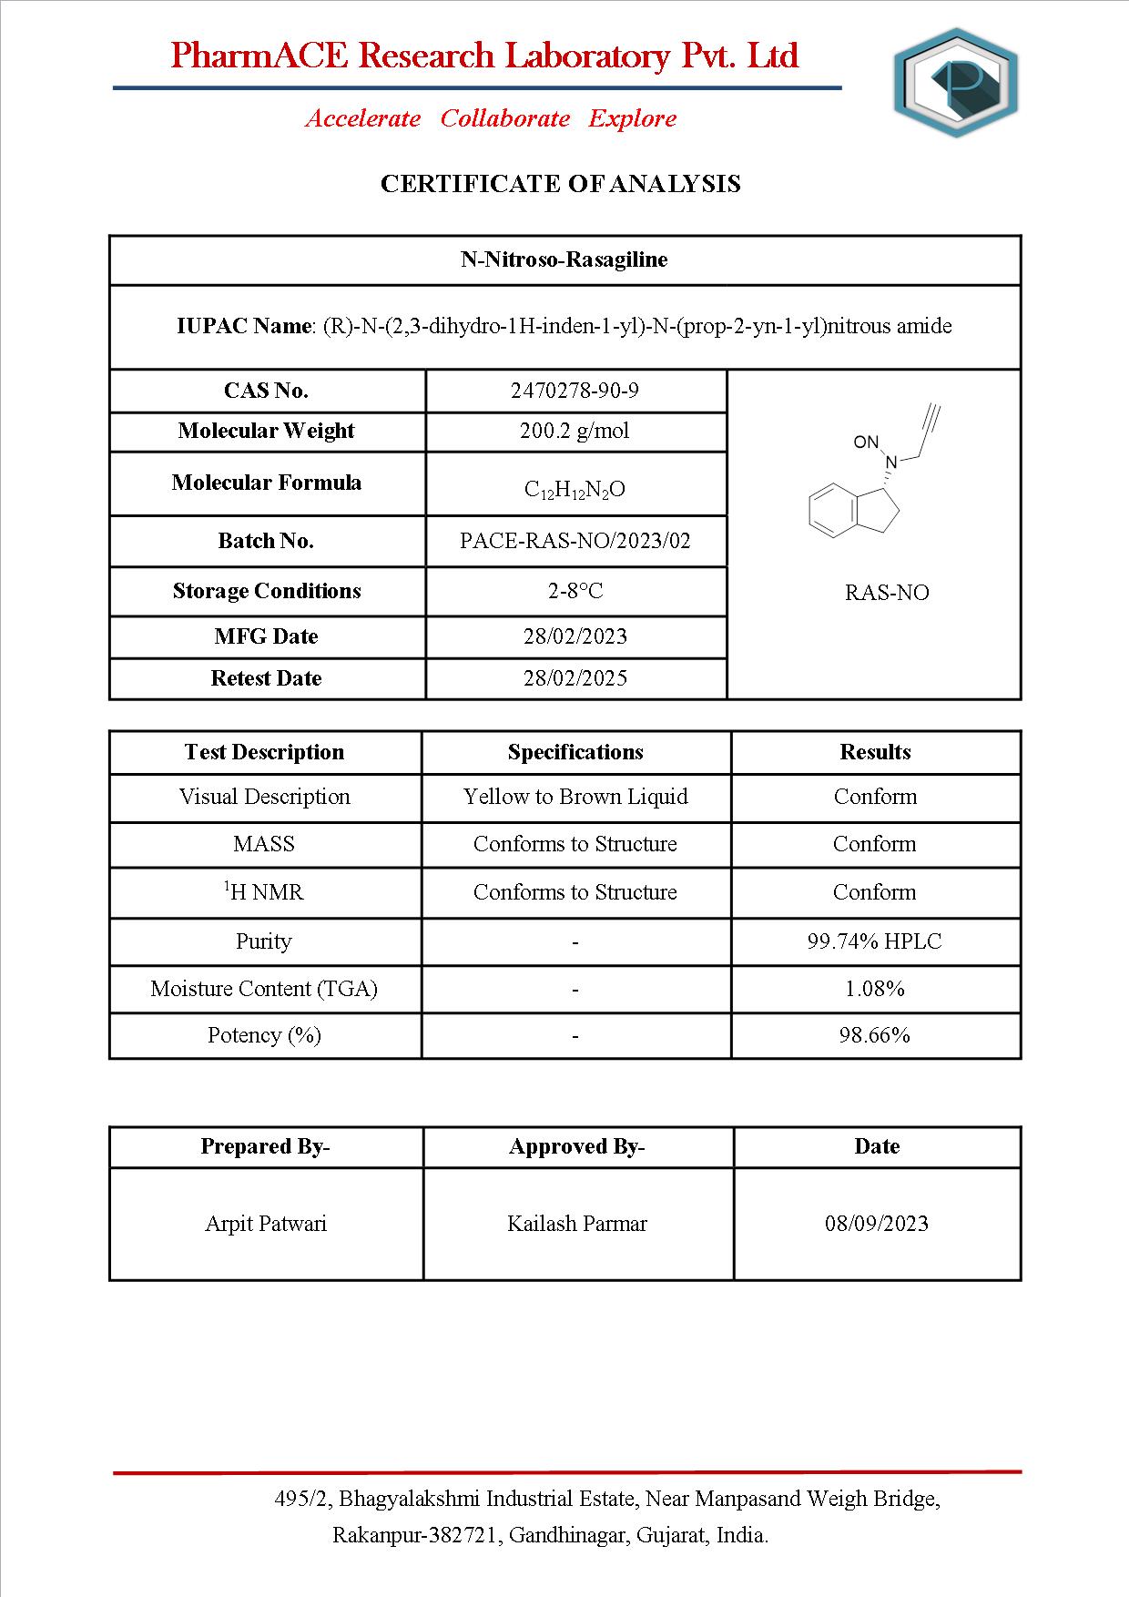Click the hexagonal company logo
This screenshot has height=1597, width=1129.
click(956, 83)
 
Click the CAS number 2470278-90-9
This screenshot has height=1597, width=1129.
click(575, 391)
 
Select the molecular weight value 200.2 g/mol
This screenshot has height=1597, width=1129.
click(575, 431)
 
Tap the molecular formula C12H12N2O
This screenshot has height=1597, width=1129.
click(575, 489)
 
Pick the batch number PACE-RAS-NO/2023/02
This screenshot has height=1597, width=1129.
click(575, 541)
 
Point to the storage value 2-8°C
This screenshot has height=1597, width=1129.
click(575, 591)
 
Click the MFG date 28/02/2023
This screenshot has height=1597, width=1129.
click(575, 636)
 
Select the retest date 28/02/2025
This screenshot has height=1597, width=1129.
click(575, 678)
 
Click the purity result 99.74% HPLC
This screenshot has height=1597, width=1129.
click(874, 941)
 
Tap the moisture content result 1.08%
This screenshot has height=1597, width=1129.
click(874, 989)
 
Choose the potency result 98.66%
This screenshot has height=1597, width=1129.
click(874, 1035)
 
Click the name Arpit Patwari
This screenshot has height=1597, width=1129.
click(266, 1224)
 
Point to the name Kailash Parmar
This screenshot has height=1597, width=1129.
click(577, 1224)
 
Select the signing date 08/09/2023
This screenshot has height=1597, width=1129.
click(876, 1224)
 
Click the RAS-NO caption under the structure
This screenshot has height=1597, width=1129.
click(887, 593)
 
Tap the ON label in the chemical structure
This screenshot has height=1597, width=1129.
click(866, 442)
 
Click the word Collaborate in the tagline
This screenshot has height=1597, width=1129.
click(505, 118)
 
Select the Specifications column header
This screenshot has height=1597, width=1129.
click(575, 752)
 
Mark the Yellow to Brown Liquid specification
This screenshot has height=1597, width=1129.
click(575, 797)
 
